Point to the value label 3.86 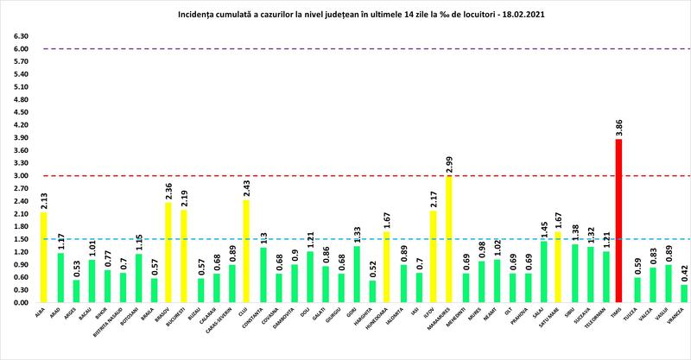click(619, 127)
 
